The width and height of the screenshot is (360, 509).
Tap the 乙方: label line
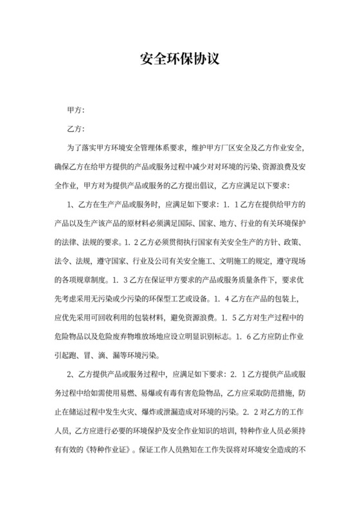coord(76,130)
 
